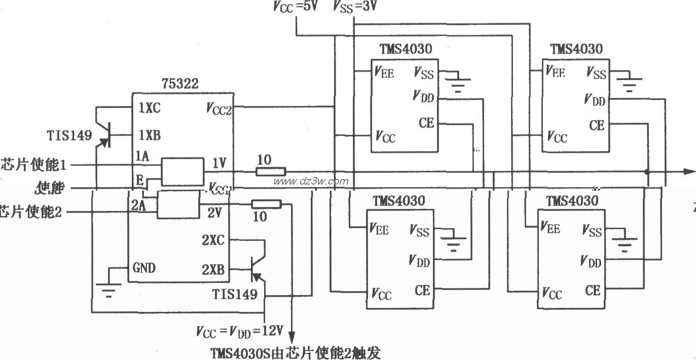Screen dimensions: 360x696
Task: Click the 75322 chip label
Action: pos(180,84)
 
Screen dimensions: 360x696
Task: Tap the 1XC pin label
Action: pos(150,108)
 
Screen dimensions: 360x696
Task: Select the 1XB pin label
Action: pos(150,135)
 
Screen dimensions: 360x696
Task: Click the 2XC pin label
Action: pos(213,240)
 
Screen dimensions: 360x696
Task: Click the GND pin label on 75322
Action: pos(144,268)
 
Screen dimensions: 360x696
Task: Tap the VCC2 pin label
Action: pos(219,108)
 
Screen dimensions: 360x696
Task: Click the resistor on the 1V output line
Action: pos(270,172)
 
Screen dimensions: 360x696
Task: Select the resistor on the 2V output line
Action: pos(266,204)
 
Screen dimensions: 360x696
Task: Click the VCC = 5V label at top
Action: pos(295,7)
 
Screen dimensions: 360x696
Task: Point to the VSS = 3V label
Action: pos(355,7)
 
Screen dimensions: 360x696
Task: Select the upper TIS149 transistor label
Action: pos(69,135)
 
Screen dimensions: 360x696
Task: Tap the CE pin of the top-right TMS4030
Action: pos(597,125)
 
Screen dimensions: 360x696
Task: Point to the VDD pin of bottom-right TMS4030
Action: pos(591,262)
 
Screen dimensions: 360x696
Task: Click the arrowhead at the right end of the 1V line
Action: pos(689,172)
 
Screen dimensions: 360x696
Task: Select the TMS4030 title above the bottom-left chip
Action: pos(398,201)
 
